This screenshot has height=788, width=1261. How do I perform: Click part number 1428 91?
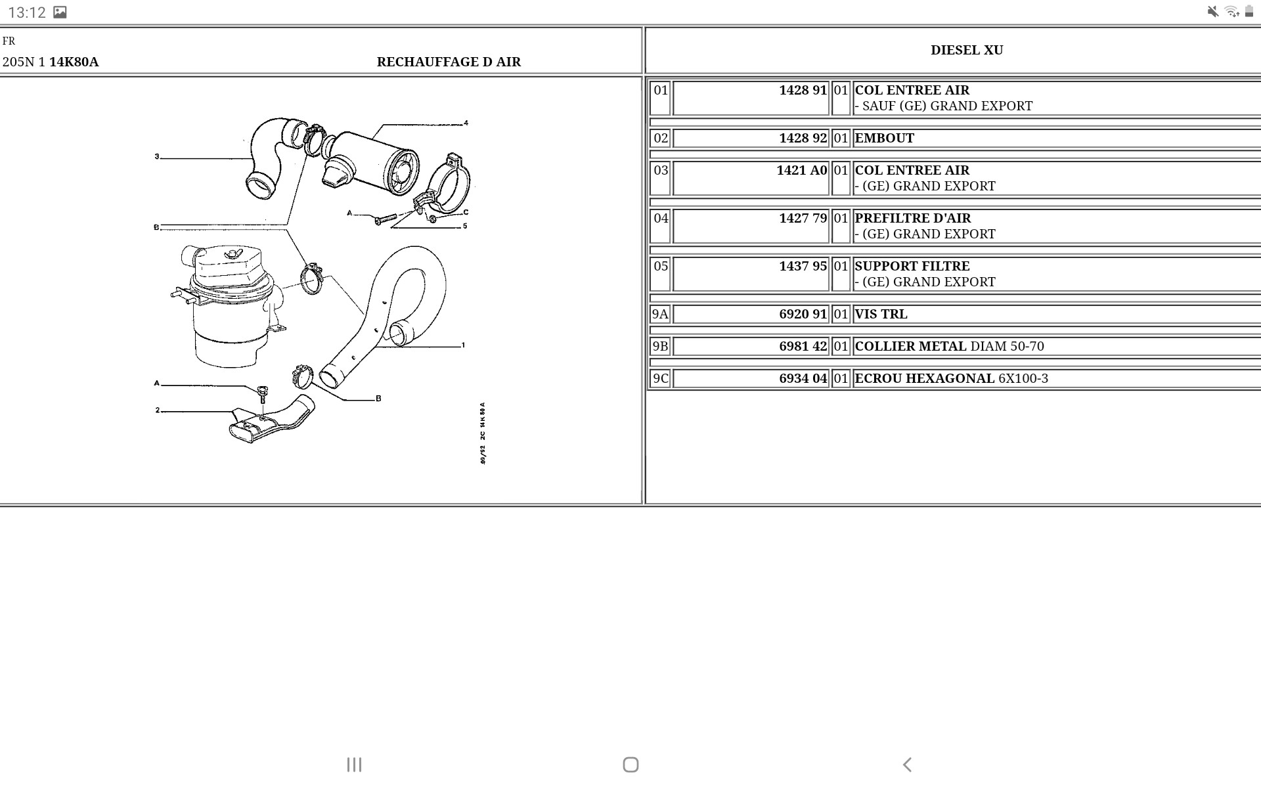point(803,91)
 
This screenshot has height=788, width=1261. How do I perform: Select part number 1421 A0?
point(801,171)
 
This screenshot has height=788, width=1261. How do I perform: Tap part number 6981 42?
point(803,347)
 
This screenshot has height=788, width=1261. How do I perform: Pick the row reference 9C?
point(660,379)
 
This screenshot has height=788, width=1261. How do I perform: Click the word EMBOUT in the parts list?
point(884,139)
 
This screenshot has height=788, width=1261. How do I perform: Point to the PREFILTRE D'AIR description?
point(912,219)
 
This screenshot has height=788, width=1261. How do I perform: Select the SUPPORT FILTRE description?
point(912,267)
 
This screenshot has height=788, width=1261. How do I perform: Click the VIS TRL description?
point(881,315)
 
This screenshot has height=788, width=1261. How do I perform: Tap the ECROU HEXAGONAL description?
point(924,379)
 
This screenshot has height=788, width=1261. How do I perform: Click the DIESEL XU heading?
point(966,51)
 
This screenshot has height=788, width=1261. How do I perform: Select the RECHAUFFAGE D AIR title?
point(449,62)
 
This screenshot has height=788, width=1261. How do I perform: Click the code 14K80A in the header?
point(74,62)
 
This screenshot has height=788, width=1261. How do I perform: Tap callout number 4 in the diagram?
point(466,123)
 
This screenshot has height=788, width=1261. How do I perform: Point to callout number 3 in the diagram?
point(157,157)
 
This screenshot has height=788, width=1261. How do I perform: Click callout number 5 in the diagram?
point(465,226)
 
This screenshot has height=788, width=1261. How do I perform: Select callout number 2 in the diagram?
point(158,410)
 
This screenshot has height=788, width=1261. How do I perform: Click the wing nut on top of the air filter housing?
point(231,253)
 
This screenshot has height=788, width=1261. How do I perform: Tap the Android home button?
point(630,764)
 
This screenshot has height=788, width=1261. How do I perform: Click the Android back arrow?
point(907,764)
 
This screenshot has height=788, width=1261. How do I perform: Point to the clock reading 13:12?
point(27,12)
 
